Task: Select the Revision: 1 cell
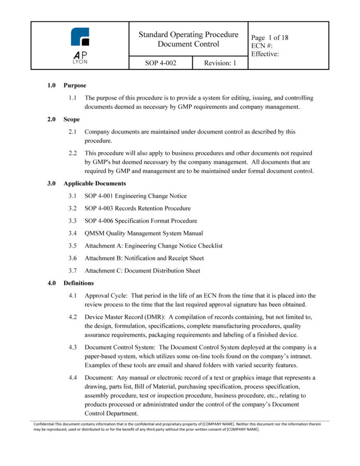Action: tap(220, 63)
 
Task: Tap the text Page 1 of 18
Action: tap(269, 38)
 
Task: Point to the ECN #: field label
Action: tap(262, 46)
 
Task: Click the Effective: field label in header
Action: tap(266, 54)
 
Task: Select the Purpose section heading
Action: tap(75, 85)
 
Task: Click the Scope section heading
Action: tap(71, 119)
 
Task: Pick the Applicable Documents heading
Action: tap(95, 183)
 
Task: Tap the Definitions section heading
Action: tap(79, 283)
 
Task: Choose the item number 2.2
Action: tap(73, 153)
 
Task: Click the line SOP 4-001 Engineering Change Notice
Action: tap(136, 196)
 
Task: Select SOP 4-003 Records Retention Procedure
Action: tap(138, 208)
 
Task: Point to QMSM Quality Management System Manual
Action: tap(144, 233)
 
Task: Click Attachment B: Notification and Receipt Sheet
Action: tap(145, 258)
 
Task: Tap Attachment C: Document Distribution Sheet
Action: tap(142, 270)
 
